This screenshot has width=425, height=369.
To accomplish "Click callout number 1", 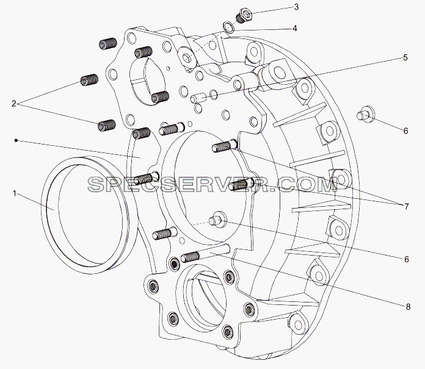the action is point(15,193).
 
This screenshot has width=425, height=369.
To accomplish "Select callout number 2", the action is point(14,104).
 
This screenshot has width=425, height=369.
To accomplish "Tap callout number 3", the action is point(296,7).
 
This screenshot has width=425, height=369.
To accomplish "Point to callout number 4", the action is point(294,28).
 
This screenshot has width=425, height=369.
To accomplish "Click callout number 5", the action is point(405,57).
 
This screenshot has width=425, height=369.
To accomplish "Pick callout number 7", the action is point(406,207).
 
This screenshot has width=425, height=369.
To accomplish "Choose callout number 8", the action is point(408,307).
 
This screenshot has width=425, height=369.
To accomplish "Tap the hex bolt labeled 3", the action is point(244,15).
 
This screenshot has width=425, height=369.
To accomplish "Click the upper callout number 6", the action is point(405,131).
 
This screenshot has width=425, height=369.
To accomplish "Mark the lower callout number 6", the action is point(406,259).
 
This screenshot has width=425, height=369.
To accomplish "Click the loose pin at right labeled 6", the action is point(365,114).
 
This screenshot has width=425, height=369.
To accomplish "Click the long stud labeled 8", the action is point(205,253).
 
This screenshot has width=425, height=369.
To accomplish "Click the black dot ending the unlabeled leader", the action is point(16,140).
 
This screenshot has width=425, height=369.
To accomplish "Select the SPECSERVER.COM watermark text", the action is point(212,185).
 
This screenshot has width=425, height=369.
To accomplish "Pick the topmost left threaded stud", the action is point(107,44).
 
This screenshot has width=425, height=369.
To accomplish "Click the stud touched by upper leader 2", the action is point(89,79).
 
